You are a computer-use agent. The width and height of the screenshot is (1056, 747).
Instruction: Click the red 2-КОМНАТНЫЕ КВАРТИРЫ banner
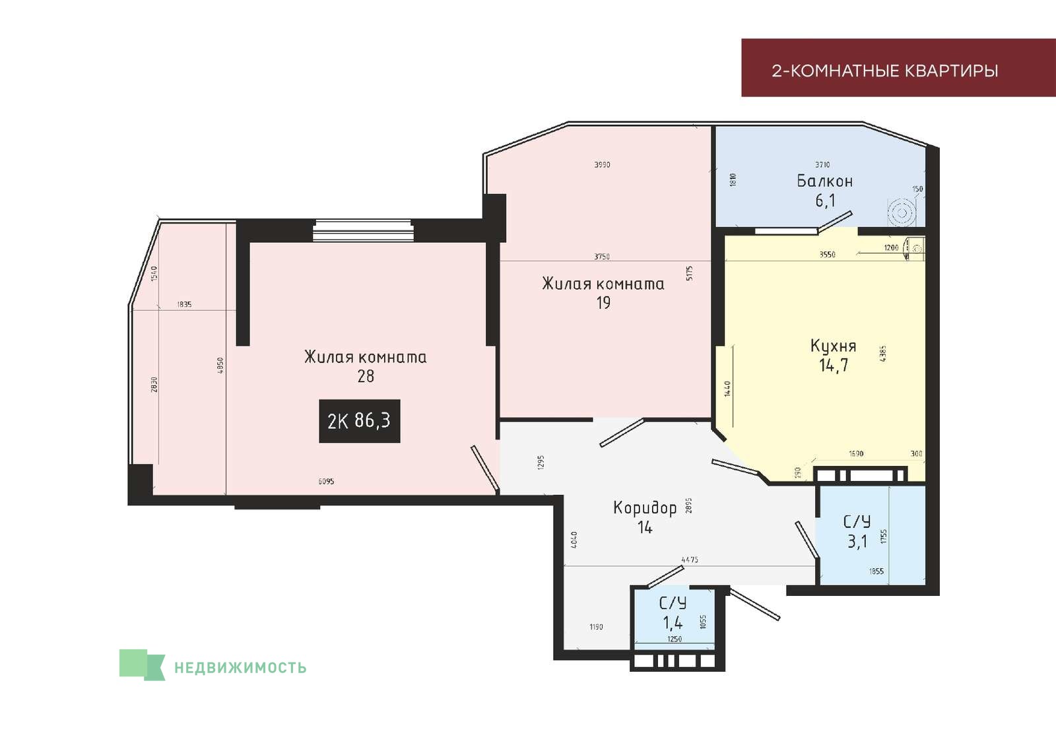pos(898,68)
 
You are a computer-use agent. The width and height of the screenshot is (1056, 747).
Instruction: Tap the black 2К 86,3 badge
pos(360,421)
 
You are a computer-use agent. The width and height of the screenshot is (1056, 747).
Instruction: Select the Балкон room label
pos(824,181)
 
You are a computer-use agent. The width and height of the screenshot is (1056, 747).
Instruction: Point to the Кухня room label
pos(833,346)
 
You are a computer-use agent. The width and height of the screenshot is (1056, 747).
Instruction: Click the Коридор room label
pos(645,507)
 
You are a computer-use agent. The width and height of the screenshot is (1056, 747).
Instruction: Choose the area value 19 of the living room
pos(603,303)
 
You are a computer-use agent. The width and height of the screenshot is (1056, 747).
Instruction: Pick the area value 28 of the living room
pos(366,376)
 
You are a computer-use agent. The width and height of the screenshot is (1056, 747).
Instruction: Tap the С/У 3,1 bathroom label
pos(857,532)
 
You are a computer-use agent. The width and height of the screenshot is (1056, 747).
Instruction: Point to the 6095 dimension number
pos(326,481)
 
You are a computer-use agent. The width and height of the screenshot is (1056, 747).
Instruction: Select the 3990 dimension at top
pos(602,164)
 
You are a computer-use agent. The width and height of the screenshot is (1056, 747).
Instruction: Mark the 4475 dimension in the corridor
pos(690,560)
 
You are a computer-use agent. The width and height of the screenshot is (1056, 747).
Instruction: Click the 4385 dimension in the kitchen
pos(883,354)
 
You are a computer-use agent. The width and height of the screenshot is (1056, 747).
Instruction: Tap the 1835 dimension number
pos(184,304)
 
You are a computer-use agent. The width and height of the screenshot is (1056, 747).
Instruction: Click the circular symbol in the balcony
pos(902,213)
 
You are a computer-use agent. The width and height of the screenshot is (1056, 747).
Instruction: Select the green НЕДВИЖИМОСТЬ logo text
pos(240,668)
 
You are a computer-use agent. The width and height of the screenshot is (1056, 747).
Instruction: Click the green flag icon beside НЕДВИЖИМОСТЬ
pos(142,665)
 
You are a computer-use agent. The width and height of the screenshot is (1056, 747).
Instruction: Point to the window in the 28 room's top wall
pos(364,230)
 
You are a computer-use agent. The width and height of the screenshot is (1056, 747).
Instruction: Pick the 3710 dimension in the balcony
pos(822,164)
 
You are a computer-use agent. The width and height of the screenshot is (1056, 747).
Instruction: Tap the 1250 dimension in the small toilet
pos(675,639)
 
